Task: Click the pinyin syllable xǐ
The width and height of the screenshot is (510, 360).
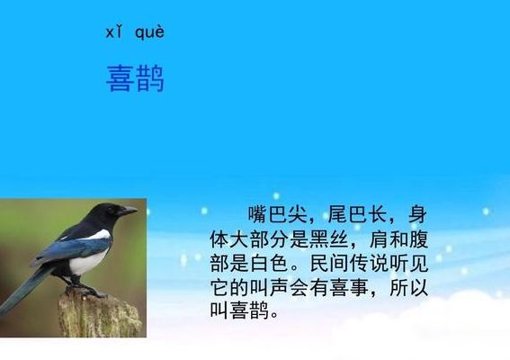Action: [114, 31]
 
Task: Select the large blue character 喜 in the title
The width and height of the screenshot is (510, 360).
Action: [121, 78]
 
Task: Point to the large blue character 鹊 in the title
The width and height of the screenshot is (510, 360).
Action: [150, 78]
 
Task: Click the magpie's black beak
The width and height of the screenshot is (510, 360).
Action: [130, 211]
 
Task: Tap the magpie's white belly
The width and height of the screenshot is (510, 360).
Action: [86, 262]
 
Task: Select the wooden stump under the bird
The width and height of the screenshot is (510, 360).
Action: [100, 314]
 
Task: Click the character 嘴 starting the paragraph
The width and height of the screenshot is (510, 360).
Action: [258, 214]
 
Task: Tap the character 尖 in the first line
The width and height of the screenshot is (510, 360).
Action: [298, 214]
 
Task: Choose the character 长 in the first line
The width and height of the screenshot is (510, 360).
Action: [377, 214]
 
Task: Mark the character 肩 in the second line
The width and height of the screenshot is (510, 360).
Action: [379, 239]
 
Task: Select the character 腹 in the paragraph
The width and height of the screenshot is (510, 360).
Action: [418, 239]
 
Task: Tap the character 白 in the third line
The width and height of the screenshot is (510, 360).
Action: [260, 264]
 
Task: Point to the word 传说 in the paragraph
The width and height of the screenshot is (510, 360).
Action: [369, 264]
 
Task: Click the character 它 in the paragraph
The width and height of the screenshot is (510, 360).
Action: [219, 288]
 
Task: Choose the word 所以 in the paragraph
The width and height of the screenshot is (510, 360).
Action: [409, 288]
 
